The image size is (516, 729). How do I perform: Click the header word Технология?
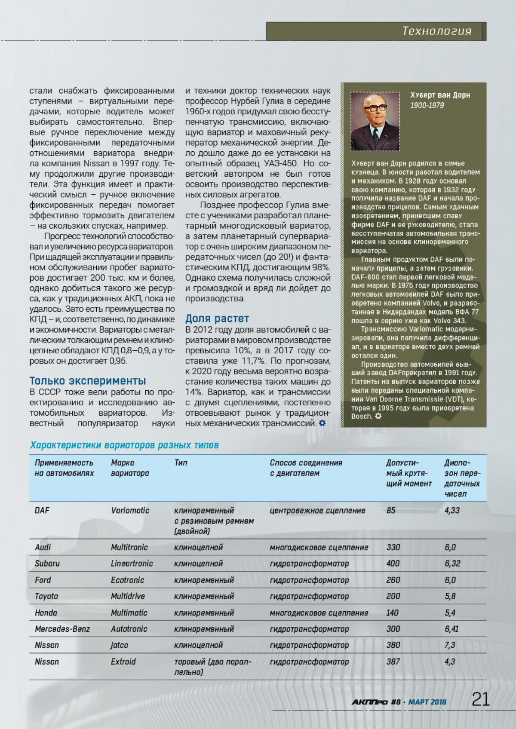(x=437, y=31)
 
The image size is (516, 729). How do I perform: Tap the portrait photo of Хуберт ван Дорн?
(x=375, y=121)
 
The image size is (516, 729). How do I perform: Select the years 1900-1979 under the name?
(x=427, y=105)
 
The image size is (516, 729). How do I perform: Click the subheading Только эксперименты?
(x=88, y=381)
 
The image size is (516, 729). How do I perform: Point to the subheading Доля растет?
(x=217, y=319)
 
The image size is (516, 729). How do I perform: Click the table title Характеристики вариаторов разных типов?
(x=124, y=445)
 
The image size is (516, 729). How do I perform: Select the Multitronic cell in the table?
(x=129, y=547)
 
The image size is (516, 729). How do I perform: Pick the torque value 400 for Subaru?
(x=393, y=564)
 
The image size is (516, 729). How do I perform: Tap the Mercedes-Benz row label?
(x=62, y=629)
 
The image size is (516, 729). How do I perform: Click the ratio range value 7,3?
(x=450, y=645)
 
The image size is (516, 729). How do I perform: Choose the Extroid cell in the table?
(x=123, y=662)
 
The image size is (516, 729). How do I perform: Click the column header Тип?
(x=181, y=463)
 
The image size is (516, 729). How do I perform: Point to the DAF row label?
(x=42, y=511)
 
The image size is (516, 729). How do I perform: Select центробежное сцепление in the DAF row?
(x=317, y=511)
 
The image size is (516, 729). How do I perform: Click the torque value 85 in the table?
(x=390, y=511)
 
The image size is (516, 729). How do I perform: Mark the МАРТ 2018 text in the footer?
(x=427, y=702)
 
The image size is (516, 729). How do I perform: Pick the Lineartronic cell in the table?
(x=132, y=564)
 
